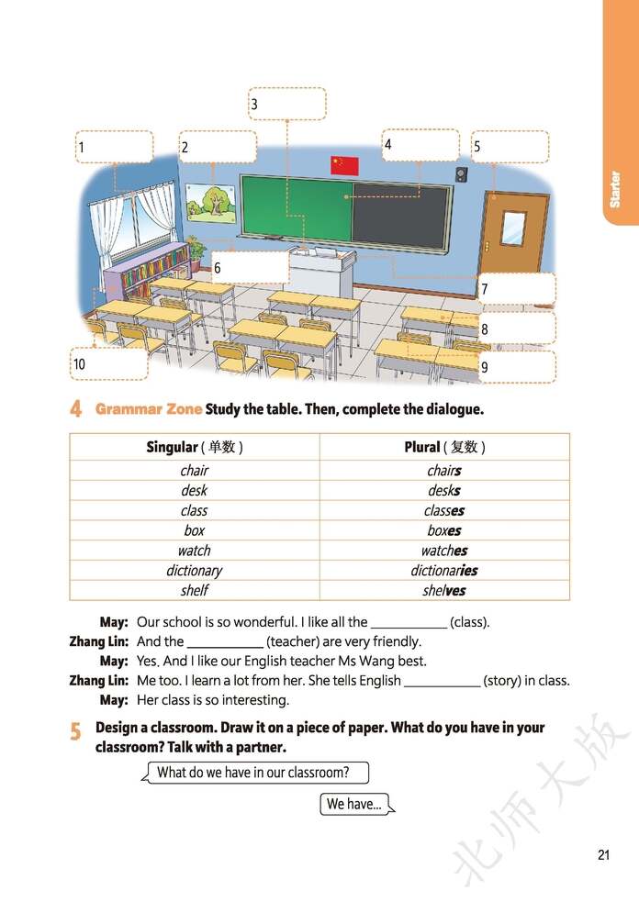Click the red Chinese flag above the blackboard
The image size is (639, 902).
pos(344,165)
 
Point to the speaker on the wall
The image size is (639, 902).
pos(461,174)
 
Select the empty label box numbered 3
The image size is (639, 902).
pos(287,104)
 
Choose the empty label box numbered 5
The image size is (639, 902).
pos(510,147)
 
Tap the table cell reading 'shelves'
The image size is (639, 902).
pos(444,591)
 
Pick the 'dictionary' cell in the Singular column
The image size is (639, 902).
pos(194,571)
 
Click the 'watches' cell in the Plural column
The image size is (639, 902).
pos(444,551)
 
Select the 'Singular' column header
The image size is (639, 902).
pos(194,447)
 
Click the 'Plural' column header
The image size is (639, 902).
pos(444,447)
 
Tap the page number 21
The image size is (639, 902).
pos(603,855)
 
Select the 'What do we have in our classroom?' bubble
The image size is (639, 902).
pos(254,773)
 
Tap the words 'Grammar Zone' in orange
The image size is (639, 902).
pos(148,409)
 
